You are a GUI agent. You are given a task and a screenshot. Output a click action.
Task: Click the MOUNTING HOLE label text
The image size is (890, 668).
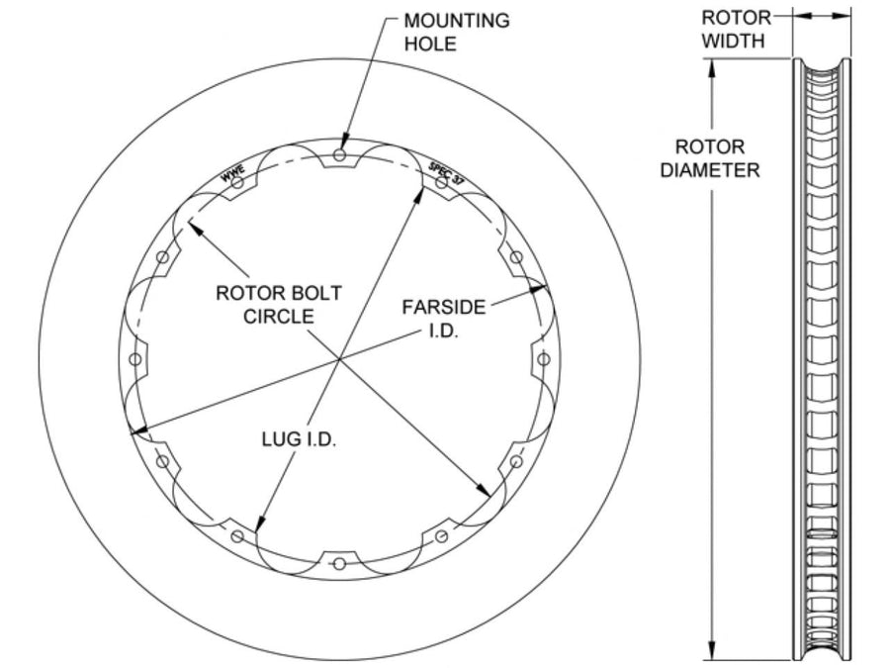pyautogui.click(x=456, y=32)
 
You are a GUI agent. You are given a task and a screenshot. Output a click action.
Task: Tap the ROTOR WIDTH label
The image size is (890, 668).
pyautogui.click(x=735, y=29)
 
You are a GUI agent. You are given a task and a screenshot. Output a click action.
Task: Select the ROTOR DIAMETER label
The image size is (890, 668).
pyautogui.click(x=709, y=158)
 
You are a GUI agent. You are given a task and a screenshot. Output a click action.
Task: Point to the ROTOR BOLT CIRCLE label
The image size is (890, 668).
pyautogui.click(x=279, y=305)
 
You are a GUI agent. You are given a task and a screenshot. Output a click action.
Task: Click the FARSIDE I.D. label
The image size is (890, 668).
pyautogui.click(x=444, y=319)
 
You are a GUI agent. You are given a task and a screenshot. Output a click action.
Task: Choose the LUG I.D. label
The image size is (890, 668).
pyautogui.click(x=299, y=439)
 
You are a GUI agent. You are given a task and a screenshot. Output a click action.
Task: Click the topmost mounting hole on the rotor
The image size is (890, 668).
pyautogui.click(x=339, y=154)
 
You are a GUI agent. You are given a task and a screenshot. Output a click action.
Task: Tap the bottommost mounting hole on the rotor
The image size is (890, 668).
pyautogui.click(x=339, y=563)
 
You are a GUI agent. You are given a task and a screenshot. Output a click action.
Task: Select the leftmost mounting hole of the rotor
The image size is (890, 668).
pyautogui.click(x=135, y=359)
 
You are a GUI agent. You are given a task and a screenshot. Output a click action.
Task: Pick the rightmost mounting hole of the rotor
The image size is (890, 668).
pyautogui.click(x=544, y=359)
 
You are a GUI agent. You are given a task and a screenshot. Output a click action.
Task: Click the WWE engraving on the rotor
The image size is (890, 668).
pyautogui.click(x=232, y=173)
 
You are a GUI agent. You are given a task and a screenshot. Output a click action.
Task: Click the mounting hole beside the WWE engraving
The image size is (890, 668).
pyautogui.click(x=237, y=182)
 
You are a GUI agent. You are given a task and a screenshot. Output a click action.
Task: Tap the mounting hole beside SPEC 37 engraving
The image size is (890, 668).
pyautogui.click(x=442, y=182)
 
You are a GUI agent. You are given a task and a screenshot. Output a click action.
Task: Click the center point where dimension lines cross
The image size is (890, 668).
pyautogui.click(x=339, y=359)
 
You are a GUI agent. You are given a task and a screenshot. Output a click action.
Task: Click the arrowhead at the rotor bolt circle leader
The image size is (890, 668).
pyautogui.click(x=194, y=227)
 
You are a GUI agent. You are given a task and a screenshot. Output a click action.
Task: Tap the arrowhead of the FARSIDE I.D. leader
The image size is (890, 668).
pyautogui.click(x=539, y=289)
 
